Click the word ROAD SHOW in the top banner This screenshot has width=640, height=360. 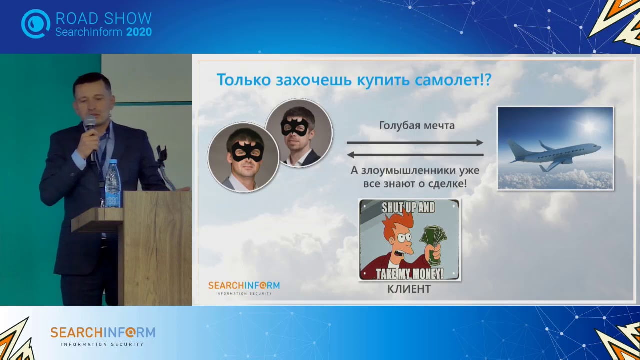coord(103,19)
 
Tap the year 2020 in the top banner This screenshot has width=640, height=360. coord(139,32)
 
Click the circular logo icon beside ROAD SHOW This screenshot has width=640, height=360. coord(35,24)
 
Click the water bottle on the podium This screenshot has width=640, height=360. coord(113,184)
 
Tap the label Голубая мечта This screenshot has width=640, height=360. coord(417,125)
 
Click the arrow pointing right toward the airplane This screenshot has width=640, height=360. coord(415,143)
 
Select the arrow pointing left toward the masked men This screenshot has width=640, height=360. coord(415,154)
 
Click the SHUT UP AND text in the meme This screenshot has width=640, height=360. coord(408,207)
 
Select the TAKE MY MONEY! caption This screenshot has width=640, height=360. coord(409,274)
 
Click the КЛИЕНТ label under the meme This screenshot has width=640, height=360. coord(409,289)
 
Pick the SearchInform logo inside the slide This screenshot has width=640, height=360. coord(244,287)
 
